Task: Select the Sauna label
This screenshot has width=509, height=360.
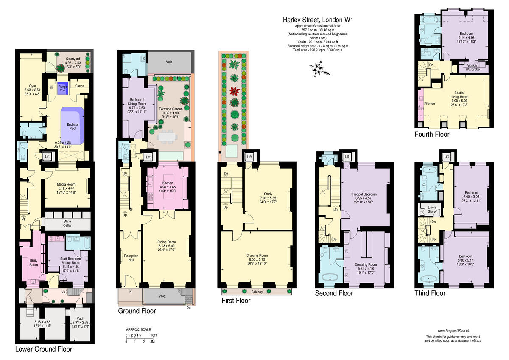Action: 80,86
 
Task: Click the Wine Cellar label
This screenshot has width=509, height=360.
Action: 67,223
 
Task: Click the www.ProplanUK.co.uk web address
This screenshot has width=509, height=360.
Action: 453,331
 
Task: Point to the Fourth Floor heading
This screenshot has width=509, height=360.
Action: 432,135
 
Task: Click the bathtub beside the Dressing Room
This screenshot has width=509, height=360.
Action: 329,277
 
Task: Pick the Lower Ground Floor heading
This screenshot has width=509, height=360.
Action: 44,349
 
